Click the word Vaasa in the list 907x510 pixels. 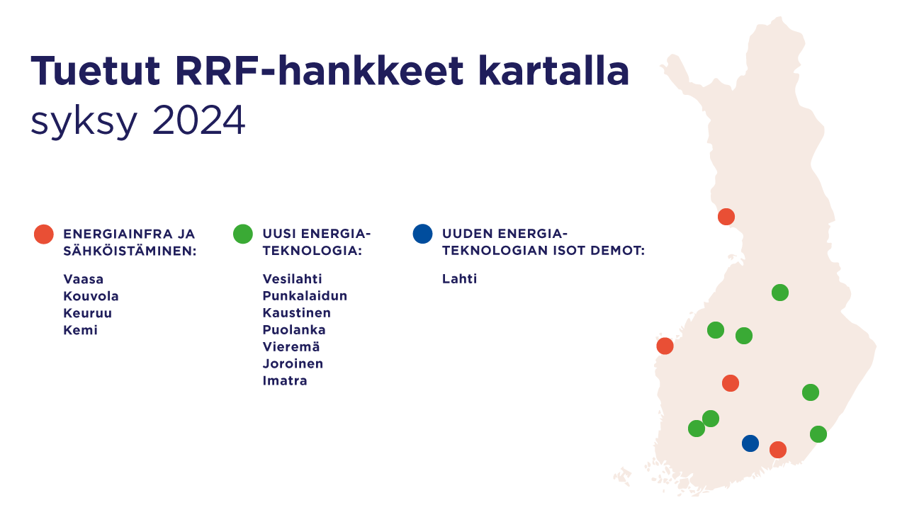coord(84,279)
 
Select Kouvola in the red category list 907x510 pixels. coord(91,296)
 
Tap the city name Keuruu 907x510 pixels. coord(88,313)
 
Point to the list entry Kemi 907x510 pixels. coord(81,330)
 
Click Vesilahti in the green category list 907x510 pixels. coord(293,279)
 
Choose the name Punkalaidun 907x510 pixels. coord(305,296)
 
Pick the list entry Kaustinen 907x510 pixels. coord(297,313)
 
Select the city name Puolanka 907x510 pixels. coord(294,330)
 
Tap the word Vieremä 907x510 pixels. coord(291,346)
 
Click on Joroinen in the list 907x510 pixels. coord(293,363)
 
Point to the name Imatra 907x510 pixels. coord(285,380)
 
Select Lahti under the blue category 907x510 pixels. coord(460,279)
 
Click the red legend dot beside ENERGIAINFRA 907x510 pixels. coord(44,234)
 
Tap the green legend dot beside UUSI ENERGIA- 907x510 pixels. coord(243,234)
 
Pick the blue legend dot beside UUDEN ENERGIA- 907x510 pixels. coord(423,234)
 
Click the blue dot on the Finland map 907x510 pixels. coord(750,443)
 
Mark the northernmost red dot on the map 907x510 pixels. coord(726,217)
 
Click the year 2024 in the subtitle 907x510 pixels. coord(198,120)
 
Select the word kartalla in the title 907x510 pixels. coord(553,72)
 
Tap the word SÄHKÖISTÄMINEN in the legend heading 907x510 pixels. coord(130,251)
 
